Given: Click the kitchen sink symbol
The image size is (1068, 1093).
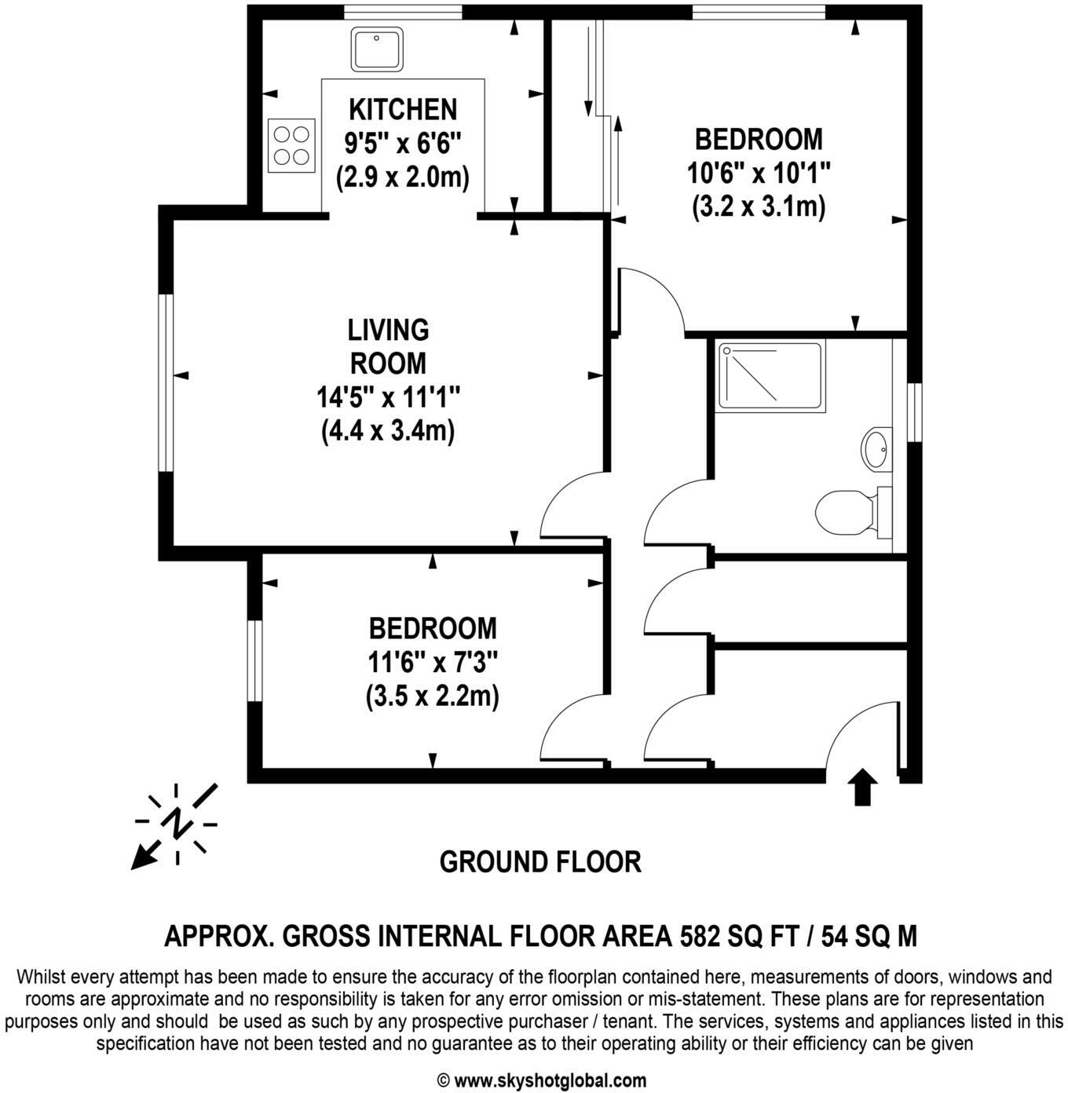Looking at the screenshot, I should (377, 49).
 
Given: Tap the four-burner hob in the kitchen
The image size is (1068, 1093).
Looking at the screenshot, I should (292, 145).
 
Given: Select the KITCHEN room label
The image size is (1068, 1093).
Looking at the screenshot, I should (403, 109).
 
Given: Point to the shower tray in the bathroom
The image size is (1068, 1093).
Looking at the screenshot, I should (770, 375).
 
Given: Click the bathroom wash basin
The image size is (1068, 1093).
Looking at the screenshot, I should (876, 449).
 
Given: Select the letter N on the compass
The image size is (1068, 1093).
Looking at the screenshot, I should (177, 822).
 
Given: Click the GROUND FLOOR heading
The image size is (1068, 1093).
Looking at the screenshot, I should (540, 862).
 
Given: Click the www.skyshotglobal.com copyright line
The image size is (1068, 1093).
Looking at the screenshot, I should (542, 1080).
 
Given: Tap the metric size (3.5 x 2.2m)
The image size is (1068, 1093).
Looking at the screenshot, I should (433, 696).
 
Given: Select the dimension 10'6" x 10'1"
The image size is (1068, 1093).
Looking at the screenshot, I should (759, 173).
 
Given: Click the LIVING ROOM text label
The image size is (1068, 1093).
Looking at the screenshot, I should (389, 346).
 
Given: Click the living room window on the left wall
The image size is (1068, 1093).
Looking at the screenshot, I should (166, 382).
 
